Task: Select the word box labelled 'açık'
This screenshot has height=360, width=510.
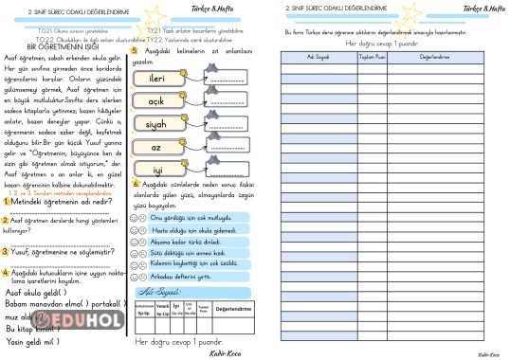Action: point(157,100)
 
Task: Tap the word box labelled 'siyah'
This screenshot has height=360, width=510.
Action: point(157,124)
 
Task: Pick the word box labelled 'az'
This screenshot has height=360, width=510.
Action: point(157,147)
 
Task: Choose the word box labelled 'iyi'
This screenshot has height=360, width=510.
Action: point(157,170)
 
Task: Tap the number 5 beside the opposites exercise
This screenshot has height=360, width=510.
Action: point(136,51)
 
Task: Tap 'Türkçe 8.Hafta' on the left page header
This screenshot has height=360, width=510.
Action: point(224,7)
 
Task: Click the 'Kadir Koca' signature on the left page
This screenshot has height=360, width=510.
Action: point(224,352)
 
